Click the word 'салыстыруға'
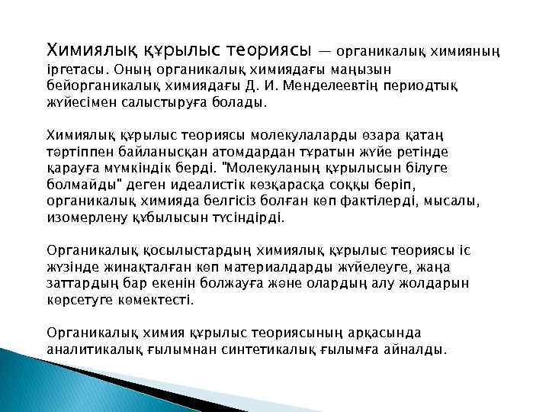pyautogui.click(x=161, y=101)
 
